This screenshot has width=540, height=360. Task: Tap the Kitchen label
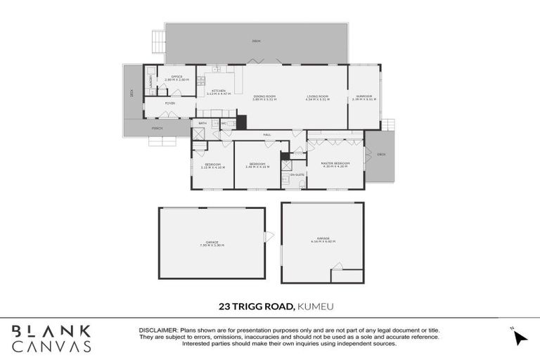click(219, 92)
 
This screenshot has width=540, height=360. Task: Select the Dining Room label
click(265, 98)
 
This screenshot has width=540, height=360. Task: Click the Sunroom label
click(364, 98)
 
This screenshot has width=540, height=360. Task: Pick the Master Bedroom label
click(335, 165)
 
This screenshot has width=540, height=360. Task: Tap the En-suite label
click(297, 174)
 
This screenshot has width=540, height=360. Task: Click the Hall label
click(267, 134)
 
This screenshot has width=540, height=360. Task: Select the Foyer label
click(170, 103)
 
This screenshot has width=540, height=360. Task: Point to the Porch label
click(157, 129)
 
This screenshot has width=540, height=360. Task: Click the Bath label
click(202, 124)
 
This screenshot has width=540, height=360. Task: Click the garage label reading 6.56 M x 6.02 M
click(323, 242)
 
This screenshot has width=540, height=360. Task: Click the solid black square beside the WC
click(241, 122)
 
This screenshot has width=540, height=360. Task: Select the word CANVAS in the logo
click(51, 346)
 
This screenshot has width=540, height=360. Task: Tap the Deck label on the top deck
click(256, 41)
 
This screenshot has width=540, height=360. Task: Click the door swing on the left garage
click(268, 237)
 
